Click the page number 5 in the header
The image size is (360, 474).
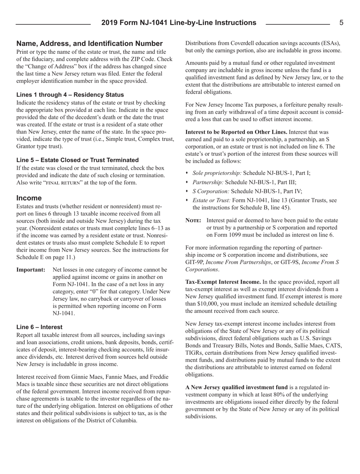[341, 23]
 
